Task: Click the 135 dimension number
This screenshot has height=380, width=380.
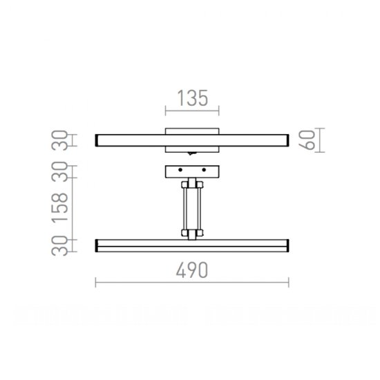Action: pos(192,99)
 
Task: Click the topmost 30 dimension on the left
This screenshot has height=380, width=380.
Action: pos(61,140)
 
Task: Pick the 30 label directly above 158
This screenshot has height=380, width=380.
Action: pos(61,173)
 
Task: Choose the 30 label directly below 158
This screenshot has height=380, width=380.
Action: pos(61,245)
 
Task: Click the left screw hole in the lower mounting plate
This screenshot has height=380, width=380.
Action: pos(179,169)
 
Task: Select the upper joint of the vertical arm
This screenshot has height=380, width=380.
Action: pos(191,184)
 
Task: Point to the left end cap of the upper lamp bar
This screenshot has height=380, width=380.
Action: pos(97,141)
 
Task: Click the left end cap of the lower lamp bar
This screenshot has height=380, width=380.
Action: pos(97,245)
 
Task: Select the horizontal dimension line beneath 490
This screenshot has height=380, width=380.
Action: pos(192,283)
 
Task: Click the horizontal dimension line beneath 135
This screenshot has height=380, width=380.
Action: pos(192,111)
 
